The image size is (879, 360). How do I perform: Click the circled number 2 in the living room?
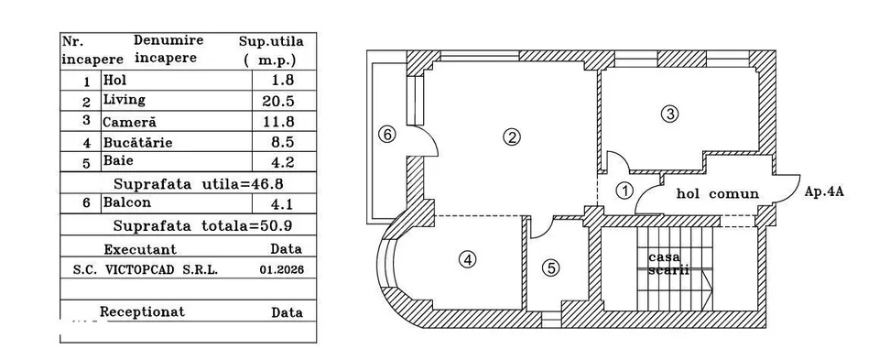(511, 137)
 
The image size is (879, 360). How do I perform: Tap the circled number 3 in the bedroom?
(669, 115)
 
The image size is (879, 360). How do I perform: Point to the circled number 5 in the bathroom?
(550, 268)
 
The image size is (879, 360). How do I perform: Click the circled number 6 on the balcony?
(386, 135)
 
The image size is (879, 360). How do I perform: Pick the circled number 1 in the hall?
(624, 191)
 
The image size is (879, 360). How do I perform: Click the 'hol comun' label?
(718, 194)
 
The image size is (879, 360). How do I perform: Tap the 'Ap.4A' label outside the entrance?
(824, 191)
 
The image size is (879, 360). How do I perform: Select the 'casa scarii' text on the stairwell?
(667, 264)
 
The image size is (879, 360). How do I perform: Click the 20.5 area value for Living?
(278, 102)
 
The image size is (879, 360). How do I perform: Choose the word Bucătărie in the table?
(137, 142)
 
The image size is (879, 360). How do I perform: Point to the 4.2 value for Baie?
(283, 163)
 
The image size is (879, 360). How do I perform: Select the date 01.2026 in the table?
(281, 269)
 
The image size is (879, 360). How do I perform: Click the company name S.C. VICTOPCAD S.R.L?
(146, 269)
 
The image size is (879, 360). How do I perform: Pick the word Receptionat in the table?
(142, 311)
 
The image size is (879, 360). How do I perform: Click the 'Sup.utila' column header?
(271, 42)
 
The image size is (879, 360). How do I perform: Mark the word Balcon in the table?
(126, 202)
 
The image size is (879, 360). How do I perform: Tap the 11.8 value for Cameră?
(278, 122)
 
